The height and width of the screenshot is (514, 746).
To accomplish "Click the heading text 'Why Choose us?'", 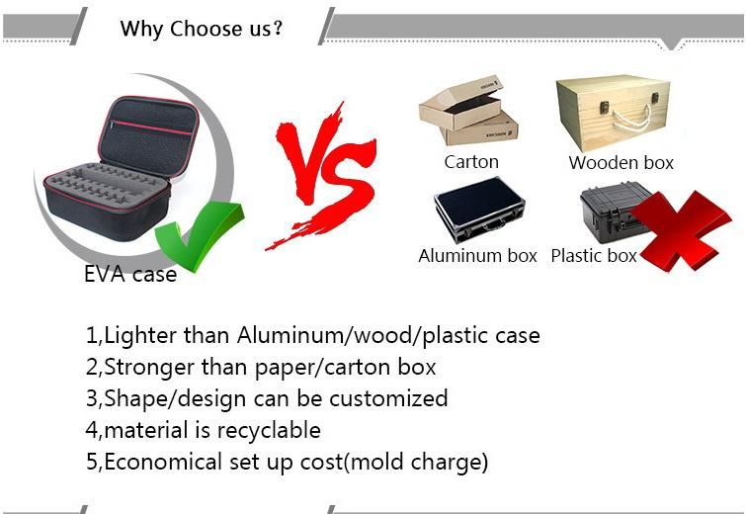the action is pos(202,29).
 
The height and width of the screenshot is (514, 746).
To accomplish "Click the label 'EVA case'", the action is pos(130,274).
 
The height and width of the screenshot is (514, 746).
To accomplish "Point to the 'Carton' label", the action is pos(471,162).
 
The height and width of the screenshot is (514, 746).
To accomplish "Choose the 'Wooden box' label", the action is pos(621,163).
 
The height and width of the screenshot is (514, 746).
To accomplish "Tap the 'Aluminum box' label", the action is pos(477,256).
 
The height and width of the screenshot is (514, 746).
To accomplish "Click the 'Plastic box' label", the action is pos(593,256).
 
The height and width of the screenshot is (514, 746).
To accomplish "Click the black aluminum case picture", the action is pos(479,210).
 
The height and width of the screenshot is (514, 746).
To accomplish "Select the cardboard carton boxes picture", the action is pos(468,111).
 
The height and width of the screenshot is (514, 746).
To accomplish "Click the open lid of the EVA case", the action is pos(148,135).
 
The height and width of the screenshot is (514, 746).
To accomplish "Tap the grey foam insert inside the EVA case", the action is pos(107,185).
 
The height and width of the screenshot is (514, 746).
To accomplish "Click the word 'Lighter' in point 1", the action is pos(140,336).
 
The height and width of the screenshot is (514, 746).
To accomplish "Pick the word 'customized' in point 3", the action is pos(388,398).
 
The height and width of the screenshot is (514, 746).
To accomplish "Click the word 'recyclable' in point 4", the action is pos(269,431).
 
